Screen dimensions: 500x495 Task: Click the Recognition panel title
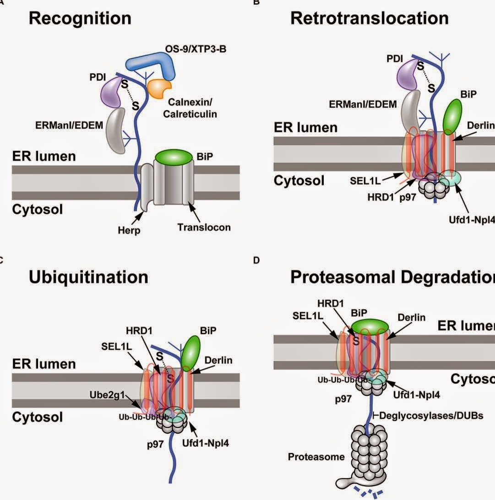coord(80,18)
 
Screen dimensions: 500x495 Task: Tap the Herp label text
coord(128,230)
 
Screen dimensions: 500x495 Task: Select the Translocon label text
coord(204,227)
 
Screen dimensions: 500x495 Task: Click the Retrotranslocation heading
coord(370,18)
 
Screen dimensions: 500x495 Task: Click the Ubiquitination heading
coord(88,277)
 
